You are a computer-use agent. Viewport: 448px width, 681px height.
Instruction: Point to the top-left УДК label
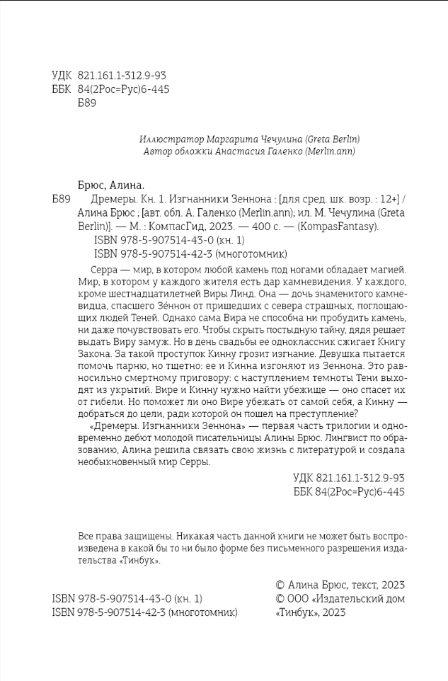62,76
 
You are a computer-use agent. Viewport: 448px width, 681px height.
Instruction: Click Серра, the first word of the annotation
105,270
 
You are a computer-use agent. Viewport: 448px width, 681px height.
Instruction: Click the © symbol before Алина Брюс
280,585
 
